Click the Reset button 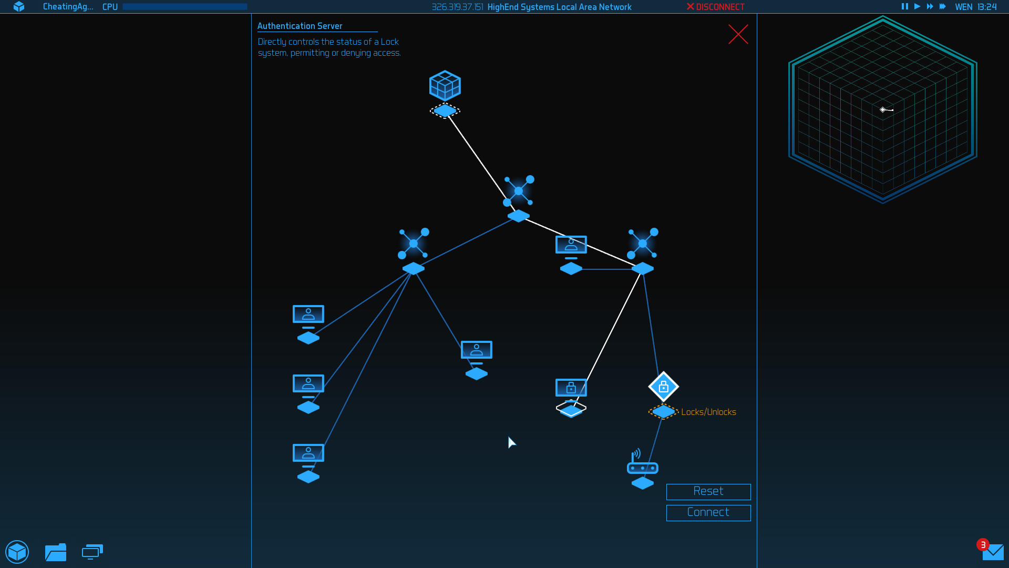[708, 492]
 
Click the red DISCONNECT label [715, 7]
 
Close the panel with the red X [738, 34]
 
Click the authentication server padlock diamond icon [664, 387]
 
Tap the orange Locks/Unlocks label [708, 412]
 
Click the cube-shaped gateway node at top [445, 85]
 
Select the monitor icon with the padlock [571, 389]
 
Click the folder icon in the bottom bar [56, 552]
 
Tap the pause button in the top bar [904, 6]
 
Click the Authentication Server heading [300, 26]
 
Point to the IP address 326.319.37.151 [457, 7]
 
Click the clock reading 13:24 [987, 7]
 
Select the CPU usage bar [185, 7]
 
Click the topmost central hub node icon [519, 191]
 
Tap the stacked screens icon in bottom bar [92, 552]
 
